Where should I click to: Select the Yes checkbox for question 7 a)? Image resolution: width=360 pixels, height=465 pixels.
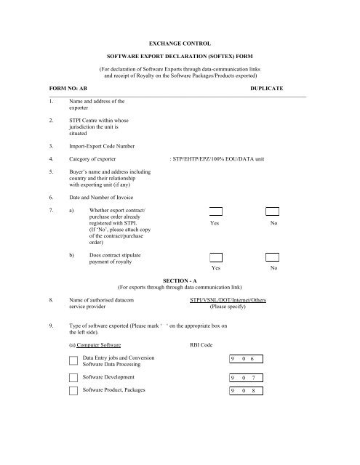[216, 212]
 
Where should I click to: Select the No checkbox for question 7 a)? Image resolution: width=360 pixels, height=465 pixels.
[273, 212]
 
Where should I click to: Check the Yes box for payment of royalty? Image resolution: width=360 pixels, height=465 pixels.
[216, 257]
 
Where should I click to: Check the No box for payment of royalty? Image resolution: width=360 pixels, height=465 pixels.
[273, 257]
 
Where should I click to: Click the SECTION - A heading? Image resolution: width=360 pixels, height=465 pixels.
[180, 279]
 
